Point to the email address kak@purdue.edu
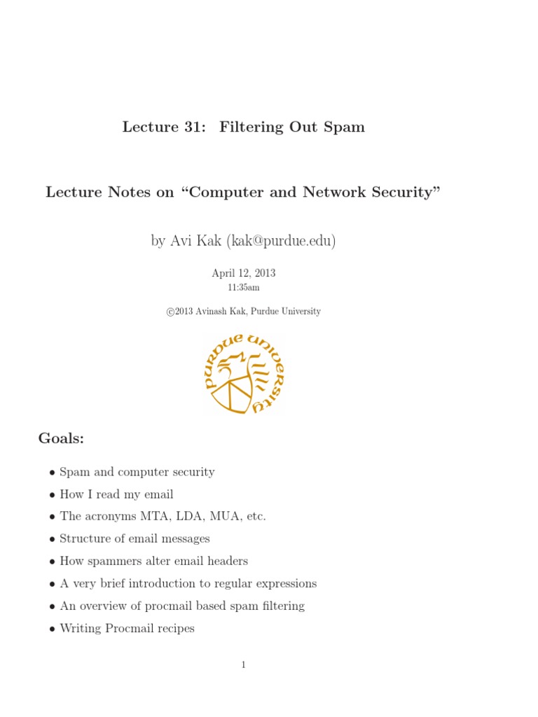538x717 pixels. [281, 242]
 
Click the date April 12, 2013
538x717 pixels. [244, 273]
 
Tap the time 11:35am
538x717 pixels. [244, 287]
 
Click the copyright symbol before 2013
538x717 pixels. [170, 312]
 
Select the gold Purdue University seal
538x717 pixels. [243, 373]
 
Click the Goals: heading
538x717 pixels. [61, 439]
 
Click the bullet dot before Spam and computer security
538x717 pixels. [53, 473]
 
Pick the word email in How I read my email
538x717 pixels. [158, 494]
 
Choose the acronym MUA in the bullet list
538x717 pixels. [219, 517]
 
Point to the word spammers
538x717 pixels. [111, 562]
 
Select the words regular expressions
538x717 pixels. [272, 584]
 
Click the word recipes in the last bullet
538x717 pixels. [174, 629]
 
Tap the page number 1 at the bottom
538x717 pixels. [243, 665]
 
